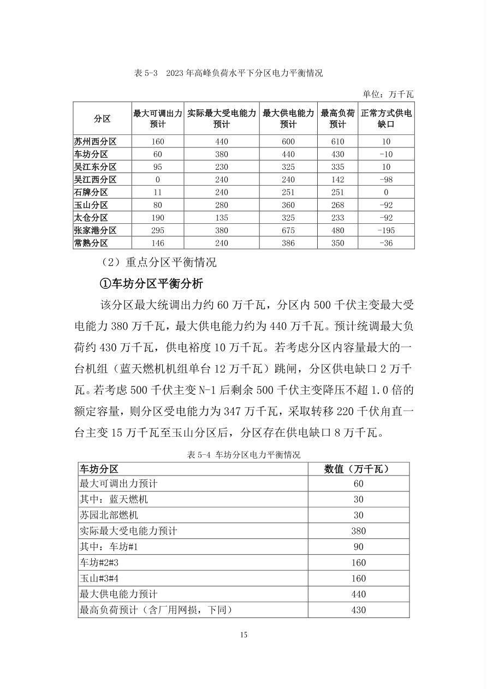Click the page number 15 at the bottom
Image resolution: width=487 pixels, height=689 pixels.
(x=243, y=634)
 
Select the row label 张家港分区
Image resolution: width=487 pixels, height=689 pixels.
(x=96, y=230)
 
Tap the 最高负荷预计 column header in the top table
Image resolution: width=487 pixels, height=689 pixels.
(x=337, y=118)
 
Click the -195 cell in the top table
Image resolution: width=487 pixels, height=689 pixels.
(x=385, y=230)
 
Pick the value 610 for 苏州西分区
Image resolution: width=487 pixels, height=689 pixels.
(x=337, y=141)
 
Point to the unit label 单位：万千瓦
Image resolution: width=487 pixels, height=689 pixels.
(x=388, y=94)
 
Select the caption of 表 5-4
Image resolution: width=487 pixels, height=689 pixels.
(x=243, y=454)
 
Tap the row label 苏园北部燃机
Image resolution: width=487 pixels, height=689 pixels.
(x=109, y=515)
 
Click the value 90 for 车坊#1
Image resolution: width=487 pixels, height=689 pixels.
(x=358, y=547)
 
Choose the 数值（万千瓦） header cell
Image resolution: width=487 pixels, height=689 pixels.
(x=358, y=468)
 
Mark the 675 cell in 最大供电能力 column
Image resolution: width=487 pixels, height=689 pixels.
(x=288, y=230)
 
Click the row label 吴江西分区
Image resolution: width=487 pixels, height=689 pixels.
(x=96, y=180)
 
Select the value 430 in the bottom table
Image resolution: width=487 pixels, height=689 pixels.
(x=358, y=610)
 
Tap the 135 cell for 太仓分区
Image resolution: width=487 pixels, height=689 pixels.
(x=221, y=217)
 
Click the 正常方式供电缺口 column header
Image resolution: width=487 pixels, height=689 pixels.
(x=385, y=118)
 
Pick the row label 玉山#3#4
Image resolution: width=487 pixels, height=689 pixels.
(x=103, y=578)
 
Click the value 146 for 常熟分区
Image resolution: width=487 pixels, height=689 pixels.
(x=157, y=243)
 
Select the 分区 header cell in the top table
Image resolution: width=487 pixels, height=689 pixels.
(x=102, y=118)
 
